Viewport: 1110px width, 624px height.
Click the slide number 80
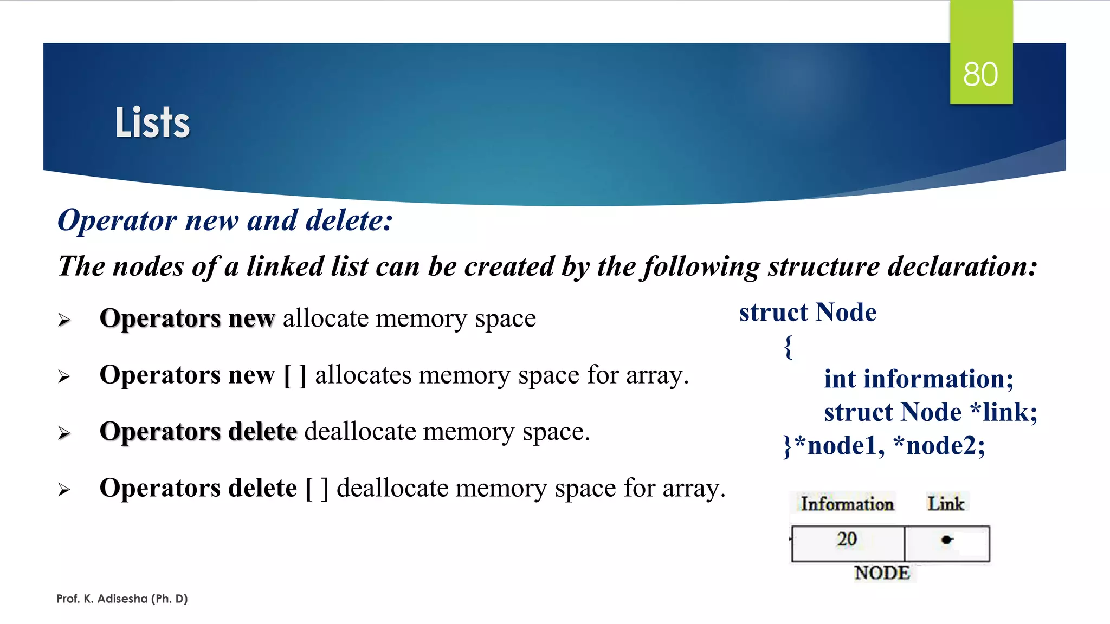pos(980,74)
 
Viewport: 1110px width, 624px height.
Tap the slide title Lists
pos(152,122)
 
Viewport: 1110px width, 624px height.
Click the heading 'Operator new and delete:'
pos(225,220)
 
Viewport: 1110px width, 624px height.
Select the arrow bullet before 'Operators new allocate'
pos(64,320)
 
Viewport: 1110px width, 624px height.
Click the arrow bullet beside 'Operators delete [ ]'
pos(64,490)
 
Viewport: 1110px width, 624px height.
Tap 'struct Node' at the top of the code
pos(808,313)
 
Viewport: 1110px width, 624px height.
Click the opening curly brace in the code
pos(789,347)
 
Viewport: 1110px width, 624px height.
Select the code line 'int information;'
pos(918,379)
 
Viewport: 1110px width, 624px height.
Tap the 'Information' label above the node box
pos(847,504)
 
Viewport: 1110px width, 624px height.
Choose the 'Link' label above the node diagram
pos(946,504)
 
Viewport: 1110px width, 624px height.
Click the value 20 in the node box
pos(847,539)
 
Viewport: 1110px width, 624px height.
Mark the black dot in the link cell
pos(946,539)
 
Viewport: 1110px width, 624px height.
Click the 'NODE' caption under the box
pos(882,573)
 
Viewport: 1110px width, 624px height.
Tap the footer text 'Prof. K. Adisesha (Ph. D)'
pos(122,599)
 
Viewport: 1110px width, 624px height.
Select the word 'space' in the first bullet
pos(505,318)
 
